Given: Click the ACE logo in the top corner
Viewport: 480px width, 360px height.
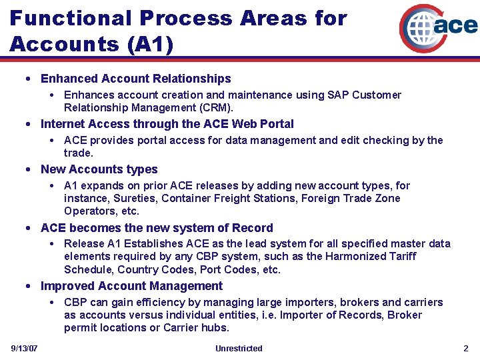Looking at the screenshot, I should tap(438, 27).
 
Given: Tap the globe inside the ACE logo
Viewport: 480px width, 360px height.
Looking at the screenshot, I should tap(418, 27).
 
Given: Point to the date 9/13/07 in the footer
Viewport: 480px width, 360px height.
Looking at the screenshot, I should tap(24, 349).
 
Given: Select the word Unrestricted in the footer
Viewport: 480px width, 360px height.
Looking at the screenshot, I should tap(239, 349).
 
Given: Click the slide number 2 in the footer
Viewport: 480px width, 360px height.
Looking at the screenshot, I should tap(466, 349).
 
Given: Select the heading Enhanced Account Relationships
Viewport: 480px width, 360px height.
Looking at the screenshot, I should tap(135, 79).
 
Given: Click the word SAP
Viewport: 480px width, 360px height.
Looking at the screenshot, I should tap(338, 95).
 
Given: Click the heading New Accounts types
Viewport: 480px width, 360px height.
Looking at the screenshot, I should tap(99, 169).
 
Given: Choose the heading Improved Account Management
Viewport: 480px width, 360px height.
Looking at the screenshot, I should tap(131, 286).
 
